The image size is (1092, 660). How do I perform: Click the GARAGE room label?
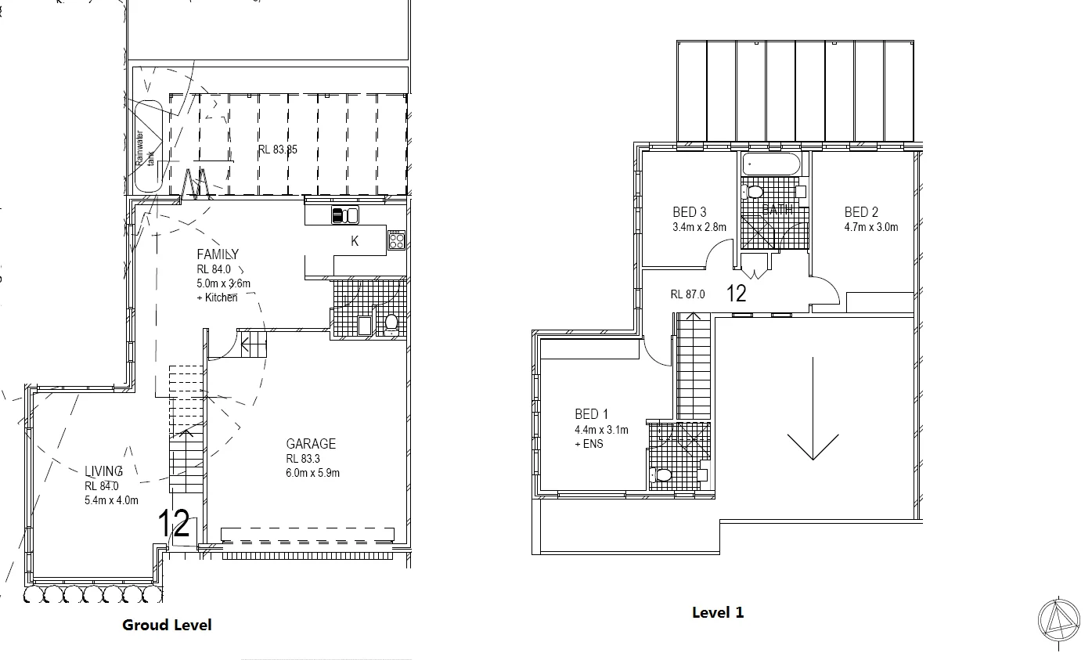pos(311,444)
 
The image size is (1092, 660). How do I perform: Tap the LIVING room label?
pos(104,471)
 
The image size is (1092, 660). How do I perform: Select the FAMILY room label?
pos(218,254)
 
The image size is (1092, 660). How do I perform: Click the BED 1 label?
pos(592,414)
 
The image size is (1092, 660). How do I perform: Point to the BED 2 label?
pos(861,212)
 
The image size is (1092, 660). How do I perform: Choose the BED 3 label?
pos(690,212)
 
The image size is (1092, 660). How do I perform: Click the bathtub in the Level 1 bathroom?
pos(772,165)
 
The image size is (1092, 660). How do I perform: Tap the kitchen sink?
pos(345,215)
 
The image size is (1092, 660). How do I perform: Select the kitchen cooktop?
pos(396,241)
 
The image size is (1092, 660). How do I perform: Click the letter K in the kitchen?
pos(355,242)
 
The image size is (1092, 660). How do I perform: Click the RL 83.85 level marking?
pos(278,149)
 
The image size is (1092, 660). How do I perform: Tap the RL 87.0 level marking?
pos(688,294)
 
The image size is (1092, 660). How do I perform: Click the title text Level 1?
pos(718,612)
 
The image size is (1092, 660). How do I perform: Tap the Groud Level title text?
pos(167,625)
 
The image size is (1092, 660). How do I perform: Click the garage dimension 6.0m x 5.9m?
pos(312,473)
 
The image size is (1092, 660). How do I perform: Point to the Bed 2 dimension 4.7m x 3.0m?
pos(871,228)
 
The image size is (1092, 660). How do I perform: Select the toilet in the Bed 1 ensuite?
pos(663,474)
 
